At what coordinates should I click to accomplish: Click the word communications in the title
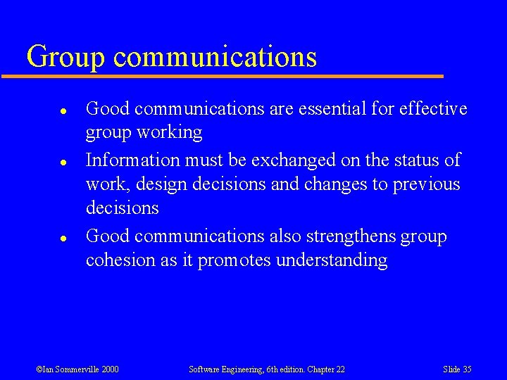(215, 57)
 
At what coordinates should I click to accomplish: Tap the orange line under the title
(232, 75)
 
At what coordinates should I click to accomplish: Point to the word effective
(433, 108)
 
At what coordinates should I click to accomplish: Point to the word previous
(425, 184)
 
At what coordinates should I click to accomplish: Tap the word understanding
(331, 260)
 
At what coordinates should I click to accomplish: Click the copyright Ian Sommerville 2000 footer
(77, 369)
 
